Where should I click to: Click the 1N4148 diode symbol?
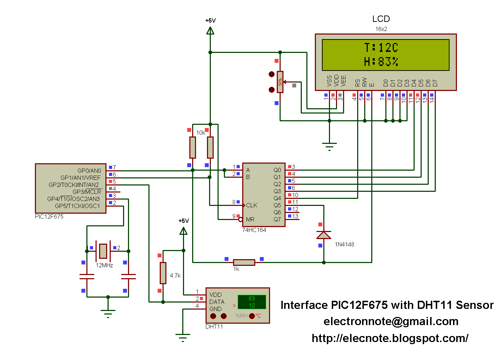click(x=324, y=235)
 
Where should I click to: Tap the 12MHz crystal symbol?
click(x=103, y=251)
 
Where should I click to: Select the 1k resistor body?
click(x=244, y=262)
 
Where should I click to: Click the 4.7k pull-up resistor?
click(x=163, y=273)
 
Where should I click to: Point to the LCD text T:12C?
click(x=381, y=48)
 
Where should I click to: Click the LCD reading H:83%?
click(x=381, y=62)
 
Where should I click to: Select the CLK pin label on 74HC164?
click(x=252, y=205)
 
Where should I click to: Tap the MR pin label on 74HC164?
click(x=250, y=219)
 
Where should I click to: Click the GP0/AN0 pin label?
click(x=89, y=171)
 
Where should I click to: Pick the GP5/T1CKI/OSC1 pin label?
click(x=78, y=206)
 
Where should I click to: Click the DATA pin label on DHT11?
click(x=217, y=302)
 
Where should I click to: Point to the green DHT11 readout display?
click(x=252, y=302)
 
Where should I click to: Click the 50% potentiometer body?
click(x=280, y=82)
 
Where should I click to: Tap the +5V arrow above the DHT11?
click(x=183, y=231)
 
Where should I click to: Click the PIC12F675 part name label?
click(x=49, y=216)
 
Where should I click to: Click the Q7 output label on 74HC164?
click(x=277, y=219)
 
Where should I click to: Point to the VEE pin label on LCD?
click(x=343, y=81)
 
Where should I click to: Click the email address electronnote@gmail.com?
click(x=391, y=321)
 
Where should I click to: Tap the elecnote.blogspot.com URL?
click(x=390, y=338)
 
